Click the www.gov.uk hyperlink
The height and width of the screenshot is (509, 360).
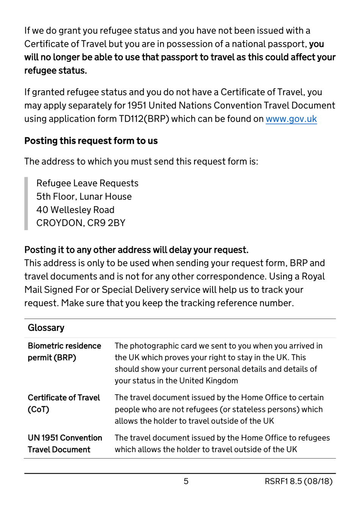291,119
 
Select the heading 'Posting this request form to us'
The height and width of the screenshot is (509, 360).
91,141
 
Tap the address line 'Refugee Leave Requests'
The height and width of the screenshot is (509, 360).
87,183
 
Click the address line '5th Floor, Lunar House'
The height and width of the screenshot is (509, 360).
84,196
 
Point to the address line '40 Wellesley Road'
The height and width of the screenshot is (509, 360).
75,210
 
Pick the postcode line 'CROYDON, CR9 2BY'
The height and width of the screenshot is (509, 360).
81,223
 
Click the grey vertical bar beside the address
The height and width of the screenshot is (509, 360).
26,203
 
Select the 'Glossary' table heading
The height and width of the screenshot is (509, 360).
46,328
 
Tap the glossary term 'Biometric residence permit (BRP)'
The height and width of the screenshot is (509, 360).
64,352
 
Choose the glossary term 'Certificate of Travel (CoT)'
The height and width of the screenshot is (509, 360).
64,403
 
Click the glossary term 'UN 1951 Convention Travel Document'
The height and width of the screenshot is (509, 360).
65,443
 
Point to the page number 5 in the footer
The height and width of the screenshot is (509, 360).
186,481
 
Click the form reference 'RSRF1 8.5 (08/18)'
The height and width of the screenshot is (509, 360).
298,481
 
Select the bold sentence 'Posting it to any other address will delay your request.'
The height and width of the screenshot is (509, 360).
136,250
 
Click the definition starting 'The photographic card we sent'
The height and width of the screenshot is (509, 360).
219,363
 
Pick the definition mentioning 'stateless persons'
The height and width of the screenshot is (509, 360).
219,409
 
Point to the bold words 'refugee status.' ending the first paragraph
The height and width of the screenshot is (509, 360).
55,71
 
